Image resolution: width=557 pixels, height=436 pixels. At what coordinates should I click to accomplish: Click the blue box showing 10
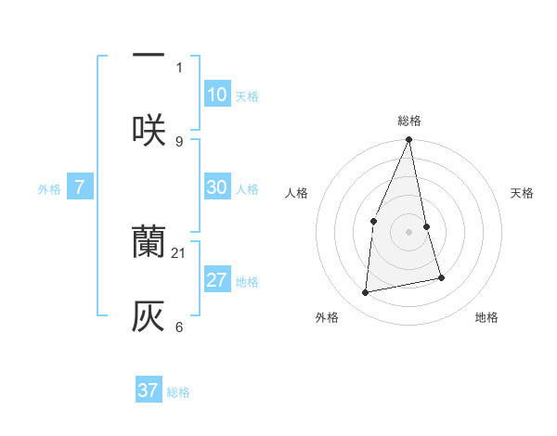point(216,94)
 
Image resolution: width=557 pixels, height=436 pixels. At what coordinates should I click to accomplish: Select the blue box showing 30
point(216,186)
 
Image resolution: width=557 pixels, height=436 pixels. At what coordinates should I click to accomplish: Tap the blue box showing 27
point(216,280)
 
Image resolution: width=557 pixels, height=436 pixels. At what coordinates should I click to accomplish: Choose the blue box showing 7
point(80,187)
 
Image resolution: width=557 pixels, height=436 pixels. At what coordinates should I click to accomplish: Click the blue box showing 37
point(148,391)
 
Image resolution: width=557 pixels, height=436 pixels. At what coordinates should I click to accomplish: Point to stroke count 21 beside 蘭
point(179,252)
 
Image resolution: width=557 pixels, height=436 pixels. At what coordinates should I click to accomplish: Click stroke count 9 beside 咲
point(179,141)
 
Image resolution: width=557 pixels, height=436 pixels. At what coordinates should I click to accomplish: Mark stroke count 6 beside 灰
point(179,327)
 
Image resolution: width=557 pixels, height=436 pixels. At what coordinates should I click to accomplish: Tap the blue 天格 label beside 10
point(247,96)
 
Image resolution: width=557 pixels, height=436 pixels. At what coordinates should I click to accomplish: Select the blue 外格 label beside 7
point(49,189)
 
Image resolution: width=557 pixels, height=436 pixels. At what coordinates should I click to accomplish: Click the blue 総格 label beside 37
point(178,393)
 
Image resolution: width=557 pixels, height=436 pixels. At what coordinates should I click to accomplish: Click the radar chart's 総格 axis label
point(408,121)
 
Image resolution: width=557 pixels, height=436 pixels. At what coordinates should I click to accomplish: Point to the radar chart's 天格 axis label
point(522,193)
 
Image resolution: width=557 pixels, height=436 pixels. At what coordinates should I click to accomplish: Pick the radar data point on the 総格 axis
point(408,140)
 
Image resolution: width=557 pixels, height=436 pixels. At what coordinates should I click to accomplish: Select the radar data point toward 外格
point(366,293)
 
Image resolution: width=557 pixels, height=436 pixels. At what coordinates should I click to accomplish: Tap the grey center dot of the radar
point(408,232)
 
